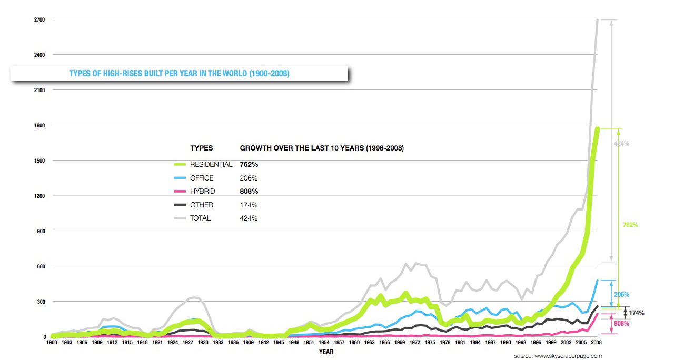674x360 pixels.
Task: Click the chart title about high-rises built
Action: click(x=179, y=74)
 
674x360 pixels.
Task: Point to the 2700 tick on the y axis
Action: click(x=39, y=20)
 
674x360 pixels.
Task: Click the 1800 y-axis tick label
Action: click(x=39, y=125)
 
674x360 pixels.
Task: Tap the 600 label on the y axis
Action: click(x=41, y=266)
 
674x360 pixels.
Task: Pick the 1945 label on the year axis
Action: click(x=279, y=343)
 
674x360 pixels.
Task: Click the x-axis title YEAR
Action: click(x=325, y=352)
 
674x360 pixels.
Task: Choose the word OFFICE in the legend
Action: click(x=202, y=178)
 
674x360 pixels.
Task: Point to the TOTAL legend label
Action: click(x=200, y=218)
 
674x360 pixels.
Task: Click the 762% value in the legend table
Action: click(x=249, y=164)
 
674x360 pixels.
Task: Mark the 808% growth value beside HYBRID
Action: click(x=249, y=192)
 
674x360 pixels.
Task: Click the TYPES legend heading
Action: click(x=201, y=148)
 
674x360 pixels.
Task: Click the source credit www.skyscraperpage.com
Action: click(x=558, y=356)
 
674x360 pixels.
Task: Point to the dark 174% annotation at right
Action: click(x=636, y=313)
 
